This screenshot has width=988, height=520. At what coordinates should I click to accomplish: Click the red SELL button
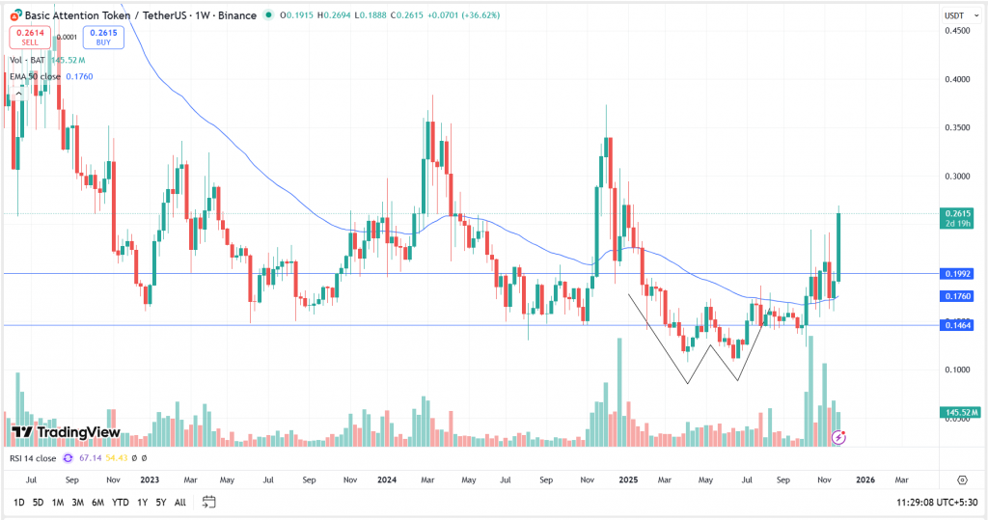(29, 38)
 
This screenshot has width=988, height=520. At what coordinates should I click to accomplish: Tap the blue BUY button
(97, 38)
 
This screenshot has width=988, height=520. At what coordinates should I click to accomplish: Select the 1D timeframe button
(19, 503)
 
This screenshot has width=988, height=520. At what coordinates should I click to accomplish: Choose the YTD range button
(120, 503)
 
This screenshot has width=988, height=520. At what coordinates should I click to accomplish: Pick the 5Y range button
(161, 503)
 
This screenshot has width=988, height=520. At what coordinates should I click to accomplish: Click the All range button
(180, 503)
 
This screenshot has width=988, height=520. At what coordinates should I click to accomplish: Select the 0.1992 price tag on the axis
(957, 274)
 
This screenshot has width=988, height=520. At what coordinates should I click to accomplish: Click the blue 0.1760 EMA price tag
(957, 297)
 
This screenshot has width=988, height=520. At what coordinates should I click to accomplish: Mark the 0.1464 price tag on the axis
(957, 326)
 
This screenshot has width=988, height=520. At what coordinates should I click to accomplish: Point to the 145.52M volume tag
(961, 413)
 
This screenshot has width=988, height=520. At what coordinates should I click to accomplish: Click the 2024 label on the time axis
(387, 479)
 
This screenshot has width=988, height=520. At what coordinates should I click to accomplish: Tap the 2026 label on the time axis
(865, 479)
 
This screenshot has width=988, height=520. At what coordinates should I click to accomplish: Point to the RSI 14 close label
(34, 458)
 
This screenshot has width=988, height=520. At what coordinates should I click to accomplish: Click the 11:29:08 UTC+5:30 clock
(935, 503)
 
